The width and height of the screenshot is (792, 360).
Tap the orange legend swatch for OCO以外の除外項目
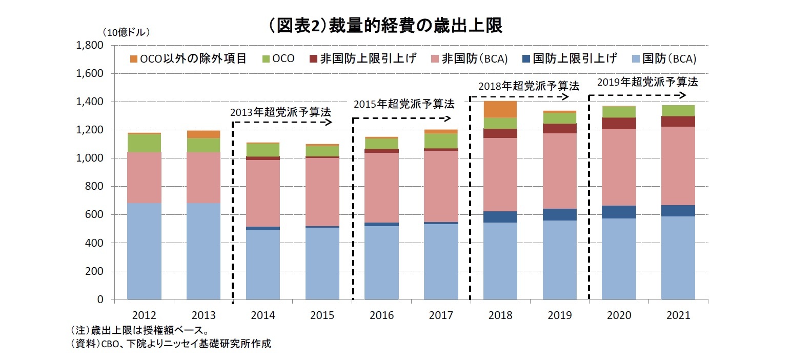pyautogui.click(x=134, y=58)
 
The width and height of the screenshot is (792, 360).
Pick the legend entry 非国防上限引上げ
pyautogui.click(x=367, y=58)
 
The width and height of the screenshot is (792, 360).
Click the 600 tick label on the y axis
pyautogui.click(x=94, y=214)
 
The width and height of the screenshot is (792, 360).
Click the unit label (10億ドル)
pyautogui.click(x=126, y=32)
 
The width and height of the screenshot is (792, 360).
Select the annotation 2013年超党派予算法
pyautogui.click(x=280, y=111)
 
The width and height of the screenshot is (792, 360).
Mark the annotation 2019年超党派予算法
pyautogui.click(x=647, y=82)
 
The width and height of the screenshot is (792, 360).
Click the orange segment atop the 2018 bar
pyautogui.click(x=500, y=109)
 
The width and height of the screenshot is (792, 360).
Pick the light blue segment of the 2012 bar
pyautogui.click(x=144, y=251)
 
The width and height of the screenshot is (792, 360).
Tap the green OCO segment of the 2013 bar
pyautogui.click(x=204, y=145)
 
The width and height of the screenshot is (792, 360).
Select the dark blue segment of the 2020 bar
pyautogui.click(x=619, y=212)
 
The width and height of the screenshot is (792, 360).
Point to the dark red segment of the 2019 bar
pyautogui.click(x=559, y=128)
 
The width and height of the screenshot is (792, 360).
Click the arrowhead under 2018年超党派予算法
pyautogui.click(x=565, y=96)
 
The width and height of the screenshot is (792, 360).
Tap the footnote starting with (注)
pyautogui.click(x=139, y=330)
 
